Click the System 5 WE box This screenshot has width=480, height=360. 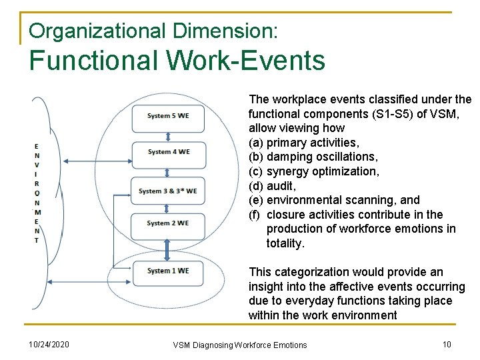[168, 116]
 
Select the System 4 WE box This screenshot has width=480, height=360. [168, 152]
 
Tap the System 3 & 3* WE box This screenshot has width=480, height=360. [168, 191]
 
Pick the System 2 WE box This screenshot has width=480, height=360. [168, 223]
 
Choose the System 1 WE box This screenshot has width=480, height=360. [168, 271]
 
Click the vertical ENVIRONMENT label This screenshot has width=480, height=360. [36, 193]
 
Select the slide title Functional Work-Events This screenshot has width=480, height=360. [177, 61]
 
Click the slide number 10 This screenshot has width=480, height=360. [447, 343]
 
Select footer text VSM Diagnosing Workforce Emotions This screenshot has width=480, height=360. [240, 345]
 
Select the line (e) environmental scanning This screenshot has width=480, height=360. [334, 200]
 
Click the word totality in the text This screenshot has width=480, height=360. [285, 243]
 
